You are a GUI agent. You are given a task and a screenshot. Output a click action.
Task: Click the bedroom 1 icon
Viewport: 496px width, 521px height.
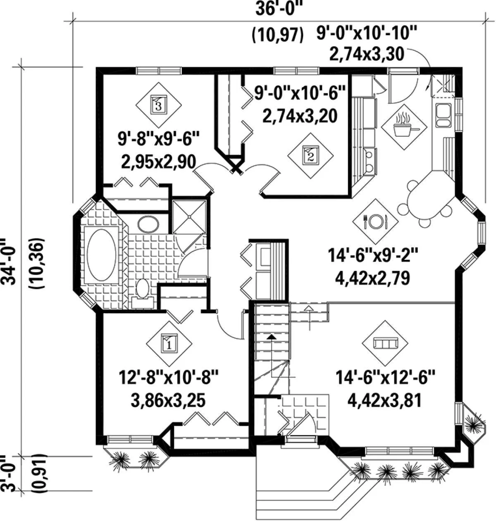pyautogui.click(x=169, y=344)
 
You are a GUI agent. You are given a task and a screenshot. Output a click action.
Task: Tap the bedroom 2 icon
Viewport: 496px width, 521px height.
pyautogui.click(x=310, y=156)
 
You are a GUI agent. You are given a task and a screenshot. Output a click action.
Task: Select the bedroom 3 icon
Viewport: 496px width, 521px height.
pyautogui.click(x=159, y=105)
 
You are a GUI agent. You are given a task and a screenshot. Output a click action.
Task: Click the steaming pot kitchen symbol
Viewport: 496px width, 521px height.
pyautogui.click(x=404, y=127)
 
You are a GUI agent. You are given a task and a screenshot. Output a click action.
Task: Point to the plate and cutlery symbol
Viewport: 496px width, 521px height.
pyautogui.click(x=375, y=221)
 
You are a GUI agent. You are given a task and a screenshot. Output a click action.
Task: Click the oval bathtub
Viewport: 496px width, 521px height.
pyautogui.click(x=102, y=255)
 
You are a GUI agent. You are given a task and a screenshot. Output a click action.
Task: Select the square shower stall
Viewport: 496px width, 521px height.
pyautogui.click(x=189, y=217)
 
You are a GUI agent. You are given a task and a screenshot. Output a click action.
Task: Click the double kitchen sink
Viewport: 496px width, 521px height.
pyautogui.click(x=443, y=115)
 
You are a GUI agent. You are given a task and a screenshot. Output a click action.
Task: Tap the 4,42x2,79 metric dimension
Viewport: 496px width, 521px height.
pyautogui.click(x=373, y=278)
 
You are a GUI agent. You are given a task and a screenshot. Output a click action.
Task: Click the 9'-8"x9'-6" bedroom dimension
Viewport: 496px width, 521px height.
pyautogui.click(x=158, y=139)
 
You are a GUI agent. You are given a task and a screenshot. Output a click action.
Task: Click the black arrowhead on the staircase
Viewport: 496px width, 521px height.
pyautogui.click(x=271, y=337)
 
